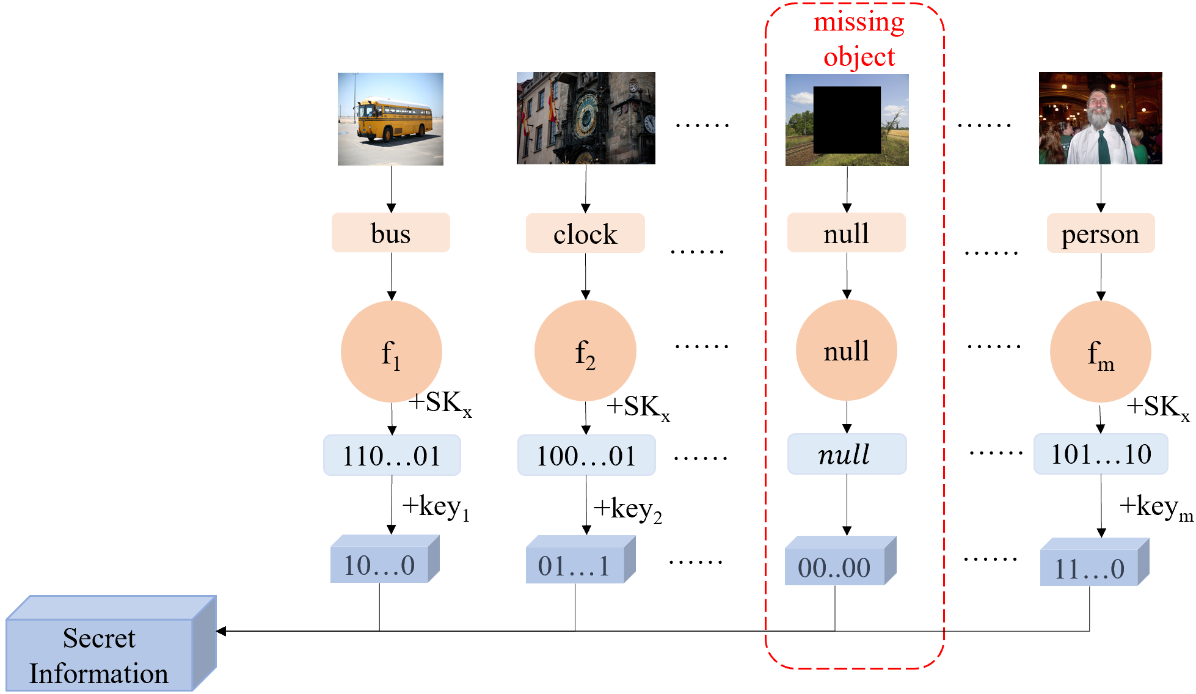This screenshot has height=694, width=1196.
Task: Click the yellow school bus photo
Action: pyautogui.click(x=390, y=119)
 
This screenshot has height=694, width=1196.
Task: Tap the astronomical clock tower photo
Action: pyautogui.click(x=586, y=118)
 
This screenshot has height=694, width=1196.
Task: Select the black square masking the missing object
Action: pyautogui.click(x=847, y=120)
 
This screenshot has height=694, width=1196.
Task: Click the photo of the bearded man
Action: pyautogui.click(x=1100, y=118)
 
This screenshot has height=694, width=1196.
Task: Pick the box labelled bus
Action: pyautogui.click(x=390, y=233)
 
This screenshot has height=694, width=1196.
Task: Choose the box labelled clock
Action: pyautogui.click(x=585, y=233)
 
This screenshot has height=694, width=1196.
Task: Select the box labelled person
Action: pyautogui.click(x=1100, y=233)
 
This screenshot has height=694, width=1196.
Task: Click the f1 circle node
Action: pyautogui.click(x=391, y=351)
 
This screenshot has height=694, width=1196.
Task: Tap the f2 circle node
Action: pyautogui.click(x=585, y=351)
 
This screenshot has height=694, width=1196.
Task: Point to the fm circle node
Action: pyautogui.click(x=1100, y=351)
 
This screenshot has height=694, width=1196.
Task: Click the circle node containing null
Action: pyautogui.click(x=846, y=350)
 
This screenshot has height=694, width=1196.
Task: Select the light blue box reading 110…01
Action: pyautogui.click(x=392, y=455)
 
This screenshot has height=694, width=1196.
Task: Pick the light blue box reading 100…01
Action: pyautogui.click(x=586, y=455)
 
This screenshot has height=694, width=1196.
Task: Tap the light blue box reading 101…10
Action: pyautogui.click(x=1100, y=454)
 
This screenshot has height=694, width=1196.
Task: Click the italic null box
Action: pyautogui.click(x=846, y=454)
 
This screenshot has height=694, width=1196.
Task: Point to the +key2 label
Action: pyautogui.click(x=628, y=509)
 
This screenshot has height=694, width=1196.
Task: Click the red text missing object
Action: pyautogui.click(x=859, y=39)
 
